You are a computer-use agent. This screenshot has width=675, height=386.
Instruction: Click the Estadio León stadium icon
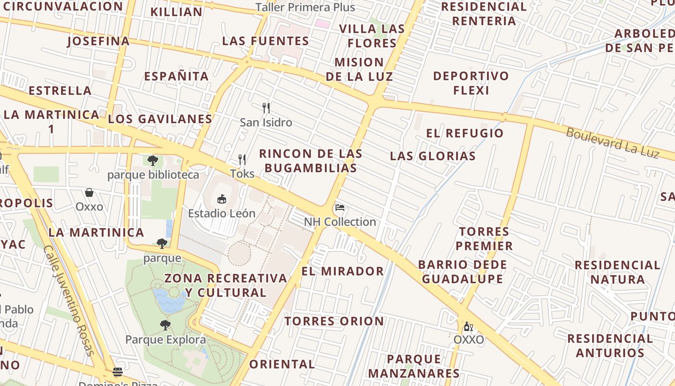(222, 198)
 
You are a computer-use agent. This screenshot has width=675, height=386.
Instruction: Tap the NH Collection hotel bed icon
(340, 208)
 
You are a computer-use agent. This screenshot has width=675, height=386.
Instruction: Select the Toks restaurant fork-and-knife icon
(242, 159)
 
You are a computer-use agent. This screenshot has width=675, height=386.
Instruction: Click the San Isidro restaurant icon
(266, 108)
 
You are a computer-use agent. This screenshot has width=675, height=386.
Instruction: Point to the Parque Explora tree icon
(165, 325)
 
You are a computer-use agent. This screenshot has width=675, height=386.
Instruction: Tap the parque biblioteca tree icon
(153, 160)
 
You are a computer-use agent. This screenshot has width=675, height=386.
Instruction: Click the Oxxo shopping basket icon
(89, 193)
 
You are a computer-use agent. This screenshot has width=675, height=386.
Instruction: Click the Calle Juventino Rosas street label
(69, 300)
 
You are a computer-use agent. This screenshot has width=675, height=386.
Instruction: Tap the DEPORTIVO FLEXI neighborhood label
(471, 83)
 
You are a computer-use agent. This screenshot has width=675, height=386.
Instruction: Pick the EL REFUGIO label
(465, 133)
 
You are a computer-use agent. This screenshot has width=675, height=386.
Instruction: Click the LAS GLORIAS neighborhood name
(433, 156)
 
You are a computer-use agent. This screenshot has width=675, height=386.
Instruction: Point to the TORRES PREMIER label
(484, 238)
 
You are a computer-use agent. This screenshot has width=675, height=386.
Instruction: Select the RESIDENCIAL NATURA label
(617, 272)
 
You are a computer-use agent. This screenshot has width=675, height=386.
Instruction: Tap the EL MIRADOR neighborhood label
(343, 271)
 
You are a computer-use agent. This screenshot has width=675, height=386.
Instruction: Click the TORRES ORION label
(334, 321)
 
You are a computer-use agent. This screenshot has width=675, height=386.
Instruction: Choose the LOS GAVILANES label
(160, 119)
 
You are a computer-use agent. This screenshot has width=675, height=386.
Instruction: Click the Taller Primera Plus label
(305, 7)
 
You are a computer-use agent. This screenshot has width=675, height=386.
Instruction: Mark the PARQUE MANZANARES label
(414, 366)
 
